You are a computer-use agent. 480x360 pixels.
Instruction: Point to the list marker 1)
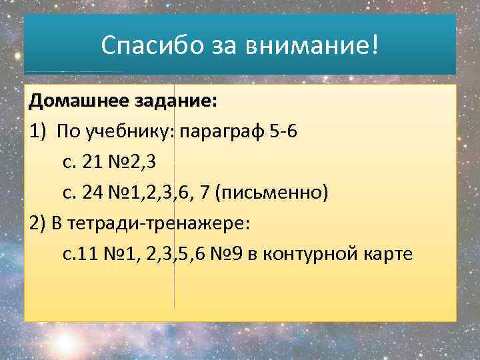pos(38,131)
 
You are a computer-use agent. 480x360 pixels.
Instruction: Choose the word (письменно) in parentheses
pos(277,192)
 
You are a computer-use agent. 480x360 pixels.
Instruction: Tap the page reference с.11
pos(79,253)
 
